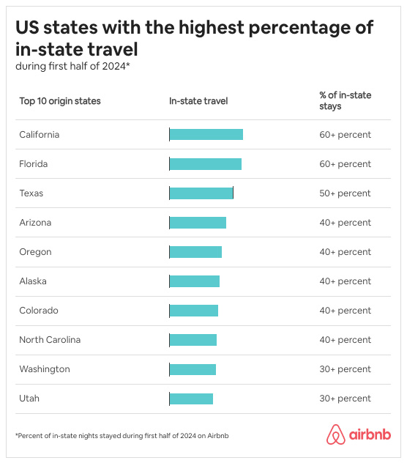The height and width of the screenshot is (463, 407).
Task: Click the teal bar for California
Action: tap(206, 135)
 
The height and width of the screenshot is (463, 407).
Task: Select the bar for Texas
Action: tap(201, 193)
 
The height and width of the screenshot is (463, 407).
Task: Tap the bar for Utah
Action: tap(191, 399)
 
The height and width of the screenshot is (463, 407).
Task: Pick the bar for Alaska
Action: tap(194, 281)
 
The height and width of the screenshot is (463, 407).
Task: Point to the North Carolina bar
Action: tap(193, 340)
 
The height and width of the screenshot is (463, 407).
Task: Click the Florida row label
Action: tap(33, 164)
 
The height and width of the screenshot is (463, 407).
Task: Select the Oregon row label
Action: tap(35, 252)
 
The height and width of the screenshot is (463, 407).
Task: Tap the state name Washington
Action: tap(45, 369)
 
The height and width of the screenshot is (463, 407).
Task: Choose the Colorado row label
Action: tap(39, 311)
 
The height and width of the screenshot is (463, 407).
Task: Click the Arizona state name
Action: tap(35, 223)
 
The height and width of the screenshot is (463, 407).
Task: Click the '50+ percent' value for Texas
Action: tap(345, 193)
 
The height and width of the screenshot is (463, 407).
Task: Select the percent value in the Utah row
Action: tap(345, 399)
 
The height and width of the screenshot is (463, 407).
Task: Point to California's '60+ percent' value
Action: tap(345, 135)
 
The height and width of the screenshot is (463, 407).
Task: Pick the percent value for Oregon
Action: tap(345, 252)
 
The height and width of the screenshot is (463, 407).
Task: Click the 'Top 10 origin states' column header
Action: tap(60, 101)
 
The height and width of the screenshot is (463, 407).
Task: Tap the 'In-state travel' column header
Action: tap(198, 101)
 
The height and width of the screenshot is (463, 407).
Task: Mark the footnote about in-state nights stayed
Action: tap(122, 436)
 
